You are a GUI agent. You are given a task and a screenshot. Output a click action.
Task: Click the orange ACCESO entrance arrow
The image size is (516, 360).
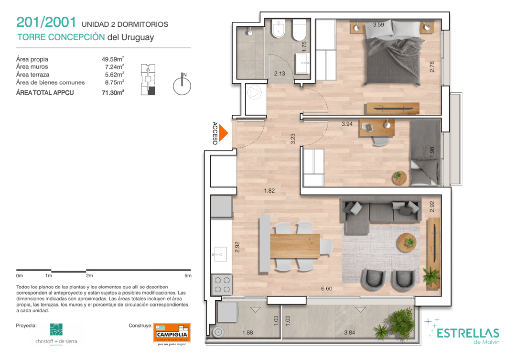tap(223, 133)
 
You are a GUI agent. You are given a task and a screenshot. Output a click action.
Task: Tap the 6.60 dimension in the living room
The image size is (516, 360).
tap(326, 289)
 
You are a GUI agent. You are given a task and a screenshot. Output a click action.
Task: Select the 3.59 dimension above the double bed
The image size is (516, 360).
tap(378, 24)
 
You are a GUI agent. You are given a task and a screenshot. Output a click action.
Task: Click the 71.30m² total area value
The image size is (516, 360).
tap(113, 93)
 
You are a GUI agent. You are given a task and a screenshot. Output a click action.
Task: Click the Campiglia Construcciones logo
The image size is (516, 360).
tap(172, 333)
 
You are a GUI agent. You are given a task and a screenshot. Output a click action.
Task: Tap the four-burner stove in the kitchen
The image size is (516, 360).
tap(222, 285)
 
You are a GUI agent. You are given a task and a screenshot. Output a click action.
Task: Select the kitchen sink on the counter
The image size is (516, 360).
tap(220, 254)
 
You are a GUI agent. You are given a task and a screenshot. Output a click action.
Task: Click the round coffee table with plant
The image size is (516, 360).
tap(407, 243)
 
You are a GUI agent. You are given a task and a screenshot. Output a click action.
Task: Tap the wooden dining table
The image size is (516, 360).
tap(295, 246)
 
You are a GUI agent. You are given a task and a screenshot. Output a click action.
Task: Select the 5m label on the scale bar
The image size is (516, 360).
tap(188, 276)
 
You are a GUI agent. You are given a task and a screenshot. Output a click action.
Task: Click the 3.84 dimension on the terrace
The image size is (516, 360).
tap(349, 332)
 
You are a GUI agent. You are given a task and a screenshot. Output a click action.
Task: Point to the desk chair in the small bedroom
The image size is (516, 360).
tap(380, 140)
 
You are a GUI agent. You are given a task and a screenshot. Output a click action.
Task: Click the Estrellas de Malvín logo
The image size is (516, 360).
tap(464, 331)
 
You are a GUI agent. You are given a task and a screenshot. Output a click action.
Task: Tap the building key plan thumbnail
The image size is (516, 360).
tap(148, 80)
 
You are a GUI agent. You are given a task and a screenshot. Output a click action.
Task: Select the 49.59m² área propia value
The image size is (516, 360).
tap(113, 59)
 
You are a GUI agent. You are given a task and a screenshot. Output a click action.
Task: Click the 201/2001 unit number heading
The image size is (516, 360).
tap(46, 22)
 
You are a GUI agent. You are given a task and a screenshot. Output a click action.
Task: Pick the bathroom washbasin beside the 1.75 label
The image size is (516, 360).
tap(302, 64)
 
